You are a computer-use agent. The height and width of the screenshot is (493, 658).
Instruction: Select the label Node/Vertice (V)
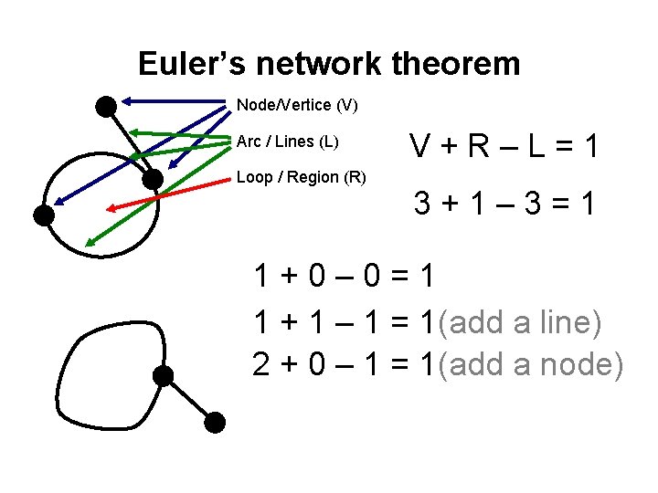coord(297,105)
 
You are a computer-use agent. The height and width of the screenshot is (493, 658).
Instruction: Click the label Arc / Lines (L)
coord(287,142)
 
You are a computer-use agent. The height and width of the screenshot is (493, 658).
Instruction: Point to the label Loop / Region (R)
coord(301,177)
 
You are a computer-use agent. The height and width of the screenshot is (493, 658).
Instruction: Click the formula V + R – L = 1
coord(504,146)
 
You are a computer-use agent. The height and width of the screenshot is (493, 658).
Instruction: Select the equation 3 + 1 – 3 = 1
coord(504,204)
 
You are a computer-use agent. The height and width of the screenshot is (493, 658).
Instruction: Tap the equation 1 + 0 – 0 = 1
coord(345,277)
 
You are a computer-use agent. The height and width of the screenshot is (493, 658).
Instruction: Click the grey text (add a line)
coord(520,321)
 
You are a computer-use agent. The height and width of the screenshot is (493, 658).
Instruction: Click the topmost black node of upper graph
coord(106,107)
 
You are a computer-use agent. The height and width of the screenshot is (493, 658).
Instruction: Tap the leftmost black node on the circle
coord(43,215)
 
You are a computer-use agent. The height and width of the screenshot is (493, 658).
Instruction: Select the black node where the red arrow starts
coord(154,178)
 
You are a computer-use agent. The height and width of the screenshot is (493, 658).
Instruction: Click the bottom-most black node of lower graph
coord(215,422)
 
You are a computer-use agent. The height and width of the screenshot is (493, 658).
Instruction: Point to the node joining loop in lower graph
coord(163,375)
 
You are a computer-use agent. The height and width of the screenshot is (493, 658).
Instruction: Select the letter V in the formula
coord(421,146)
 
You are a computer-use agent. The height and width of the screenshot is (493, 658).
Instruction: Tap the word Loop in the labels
coord(253,177)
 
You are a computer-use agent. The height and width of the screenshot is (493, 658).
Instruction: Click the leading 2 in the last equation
coord(262,364)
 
